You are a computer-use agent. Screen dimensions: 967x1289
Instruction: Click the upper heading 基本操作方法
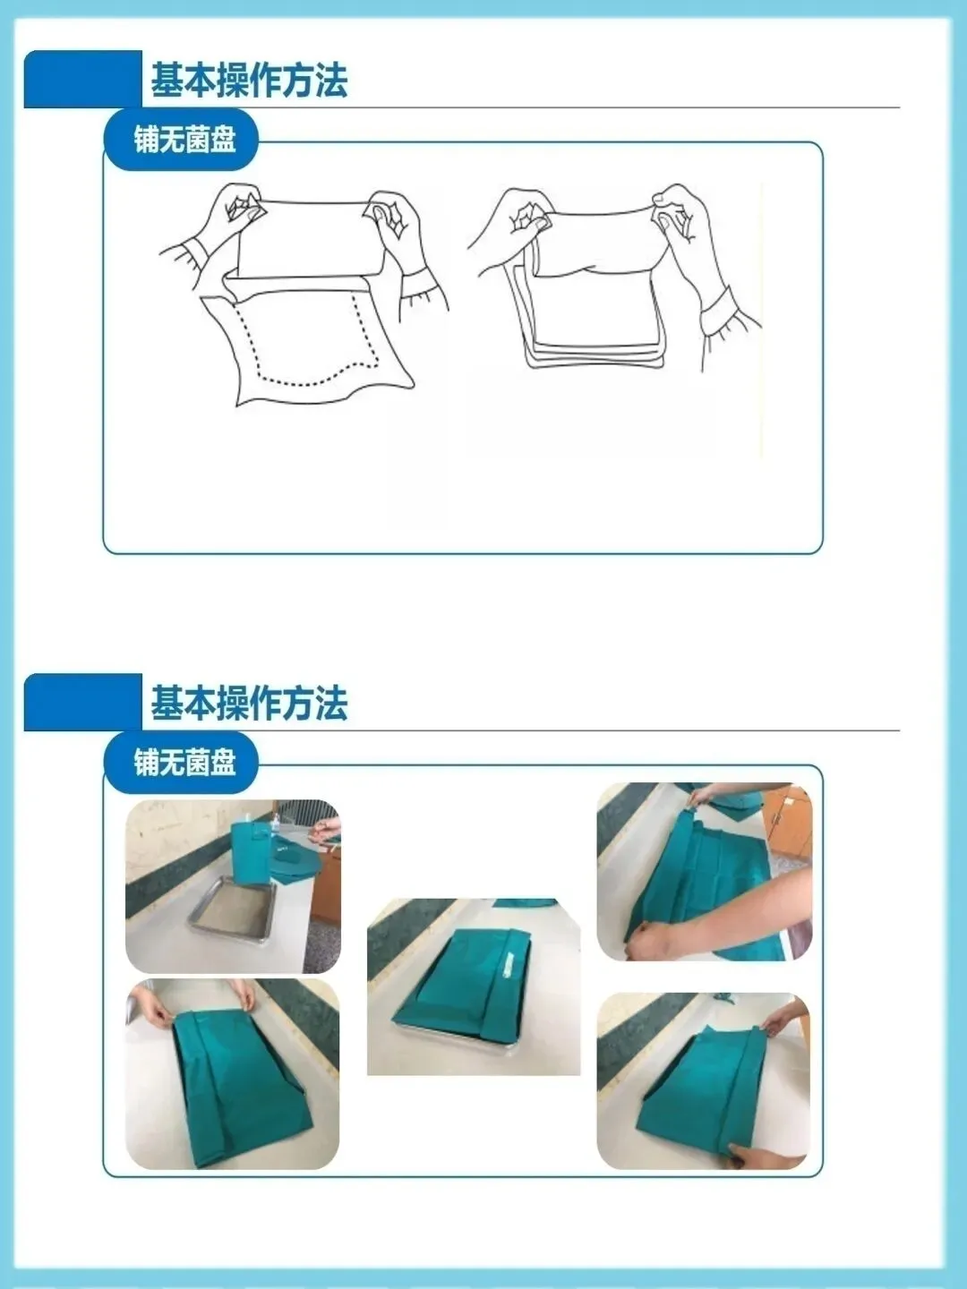pos(250,80)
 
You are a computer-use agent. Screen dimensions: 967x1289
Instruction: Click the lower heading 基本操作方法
pos(250,703)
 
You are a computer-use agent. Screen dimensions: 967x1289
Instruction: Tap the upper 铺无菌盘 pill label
pos(184,140)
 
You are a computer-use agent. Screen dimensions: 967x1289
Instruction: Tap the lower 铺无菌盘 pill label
pos(184,763)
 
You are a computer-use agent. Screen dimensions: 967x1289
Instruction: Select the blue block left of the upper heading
pos(82,80)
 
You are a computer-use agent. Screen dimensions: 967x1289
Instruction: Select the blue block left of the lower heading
pos(82,703)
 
